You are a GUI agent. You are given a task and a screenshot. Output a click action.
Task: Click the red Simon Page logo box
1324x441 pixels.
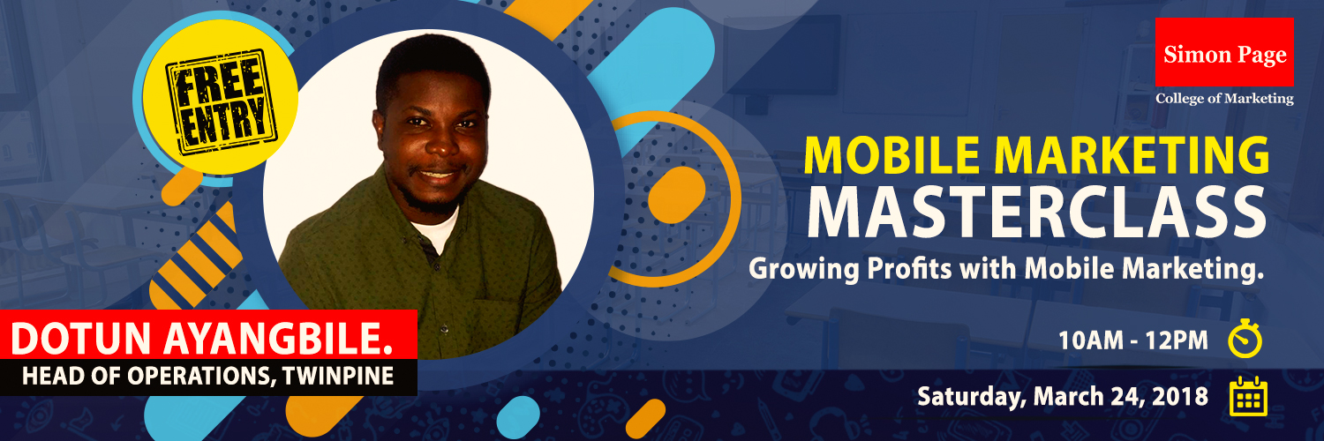pos(1225,52)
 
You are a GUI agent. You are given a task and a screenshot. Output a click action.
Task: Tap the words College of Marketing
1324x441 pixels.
pos(1225,99)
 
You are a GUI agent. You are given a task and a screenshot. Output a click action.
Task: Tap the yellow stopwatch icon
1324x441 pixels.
pos(1245,338)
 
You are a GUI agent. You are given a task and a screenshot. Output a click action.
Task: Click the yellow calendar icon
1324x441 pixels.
pos(1248,396)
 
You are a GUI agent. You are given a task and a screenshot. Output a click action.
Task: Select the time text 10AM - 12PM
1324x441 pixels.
pos(1133,340)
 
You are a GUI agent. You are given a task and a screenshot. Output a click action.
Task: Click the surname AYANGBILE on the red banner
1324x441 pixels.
pos(278,339)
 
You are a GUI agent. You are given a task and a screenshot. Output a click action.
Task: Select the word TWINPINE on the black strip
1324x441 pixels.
pos(338,376)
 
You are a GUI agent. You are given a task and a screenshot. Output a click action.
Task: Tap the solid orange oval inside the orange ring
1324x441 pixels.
pos(677,195)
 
